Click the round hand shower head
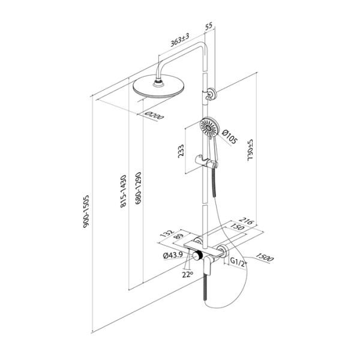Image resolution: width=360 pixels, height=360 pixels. [209, 127]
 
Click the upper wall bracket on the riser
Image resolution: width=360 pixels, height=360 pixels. [211, 94]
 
